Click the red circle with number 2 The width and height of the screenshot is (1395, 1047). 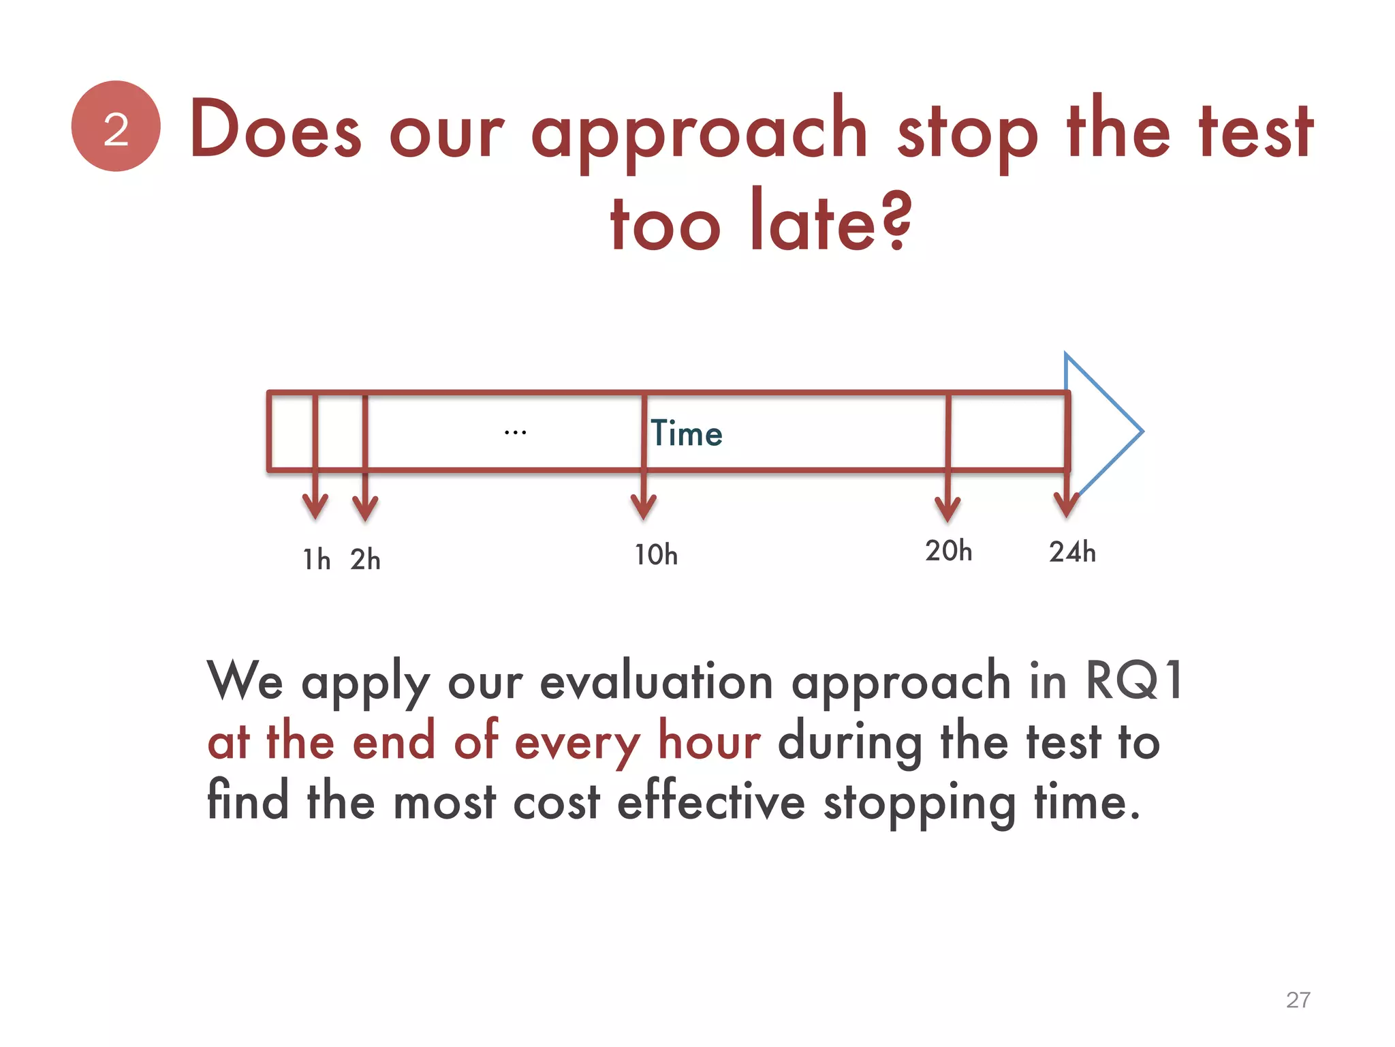point(116,126)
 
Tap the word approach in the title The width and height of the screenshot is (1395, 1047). point(699,133)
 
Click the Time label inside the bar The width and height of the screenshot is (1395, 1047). point(686,434)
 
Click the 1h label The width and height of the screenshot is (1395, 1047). point(317,560)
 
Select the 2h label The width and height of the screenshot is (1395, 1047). point(365,560)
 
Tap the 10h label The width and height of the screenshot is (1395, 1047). point(656,555)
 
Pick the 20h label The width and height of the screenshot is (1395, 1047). point(948,551)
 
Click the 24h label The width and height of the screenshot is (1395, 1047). point(1072,551)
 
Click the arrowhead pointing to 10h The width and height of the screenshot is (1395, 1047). point(644,508)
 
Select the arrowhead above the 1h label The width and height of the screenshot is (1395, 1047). point(315,508)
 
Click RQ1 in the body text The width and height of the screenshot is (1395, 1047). point(1133,680)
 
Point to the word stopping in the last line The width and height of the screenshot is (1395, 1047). point(920,803)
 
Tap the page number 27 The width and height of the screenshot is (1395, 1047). point(1298,999)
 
